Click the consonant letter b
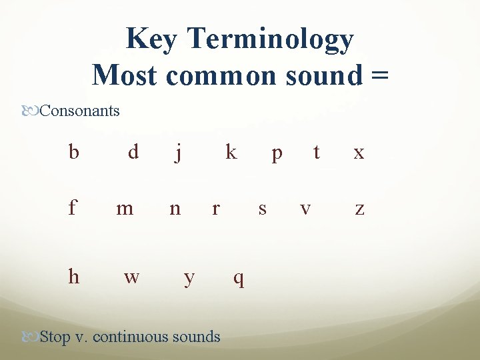[74, 152]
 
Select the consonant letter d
[133, 152]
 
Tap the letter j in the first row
[178, 153]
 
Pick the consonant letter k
[231, 152]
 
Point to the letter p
[277, 154]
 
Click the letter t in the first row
[317, 153]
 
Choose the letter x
[359, 153]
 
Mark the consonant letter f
[72, 208]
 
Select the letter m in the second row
[125, 209]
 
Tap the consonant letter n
[175, 209]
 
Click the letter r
[215, 209]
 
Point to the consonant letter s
[262, 209]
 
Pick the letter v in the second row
[305, 209]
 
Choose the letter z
[359, 209]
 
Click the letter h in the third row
[73, 275]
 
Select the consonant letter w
[131, 277]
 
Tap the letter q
[238, 278]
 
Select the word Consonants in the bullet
[79, 111]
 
